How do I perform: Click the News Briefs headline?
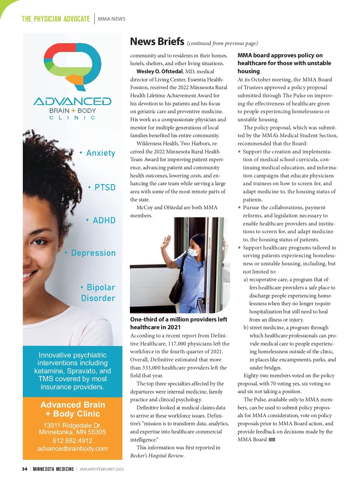tap(157, 41)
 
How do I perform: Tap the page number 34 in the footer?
tap(25, 469)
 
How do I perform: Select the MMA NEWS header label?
tap(112, 19)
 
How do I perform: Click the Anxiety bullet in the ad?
tap(100, 153)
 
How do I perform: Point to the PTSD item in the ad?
tap(105, 187)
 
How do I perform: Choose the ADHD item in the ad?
tap(104, 220)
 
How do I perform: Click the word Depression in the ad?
tap(93, 253)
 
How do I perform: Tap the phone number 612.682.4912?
tap(73, 441)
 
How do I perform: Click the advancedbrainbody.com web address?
tap(73, 449)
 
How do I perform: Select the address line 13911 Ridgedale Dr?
tap(73, 425)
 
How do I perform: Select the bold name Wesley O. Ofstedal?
tap(159, 71)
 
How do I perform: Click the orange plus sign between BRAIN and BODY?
tap(73, 110)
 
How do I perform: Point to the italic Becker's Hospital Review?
tap(157, 456)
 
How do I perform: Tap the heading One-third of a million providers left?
tap(178, 319)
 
